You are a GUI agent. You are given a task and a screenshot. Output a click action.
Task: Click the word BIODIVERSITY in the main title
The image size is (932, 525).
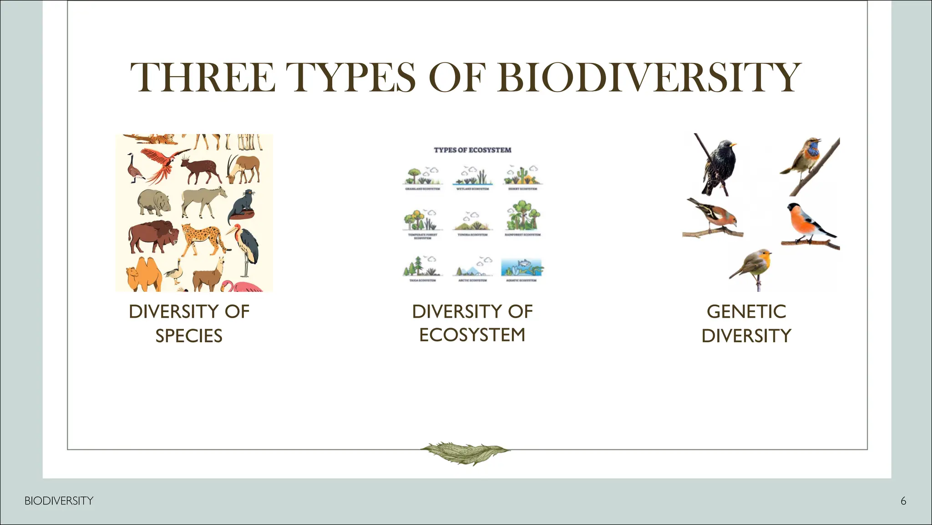[x=649, y=77]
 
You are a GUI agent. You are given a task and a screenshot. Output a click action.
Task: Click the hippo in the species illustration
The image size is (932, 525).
[x=154, y=201]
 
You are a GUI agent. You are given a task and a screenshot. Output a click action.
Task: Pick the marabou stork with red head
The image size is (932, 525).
[x=246, y=246]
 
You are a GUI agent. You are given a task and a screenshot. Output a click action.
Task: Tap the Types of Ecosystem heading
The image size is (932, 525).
[x=472, y=150]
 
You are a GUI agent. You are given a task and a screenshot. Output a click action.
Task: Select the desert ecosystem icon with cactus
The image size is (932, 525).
[x=522, y=175]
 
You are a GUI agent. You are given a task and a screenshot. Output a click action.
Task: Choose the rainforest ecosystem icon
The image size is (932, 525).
[x=522, y=217]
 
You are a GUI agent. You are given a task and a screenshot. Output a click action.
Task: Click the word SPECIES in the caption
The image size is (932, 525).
[x=189, y=336]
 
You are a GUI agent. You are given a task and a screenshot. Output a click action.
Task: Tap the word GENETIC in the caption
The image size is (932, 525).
[x=746, y=312]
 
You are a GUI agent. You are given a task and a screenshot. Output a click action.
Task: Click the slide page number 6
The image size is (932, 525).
[x=903, y=501]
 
